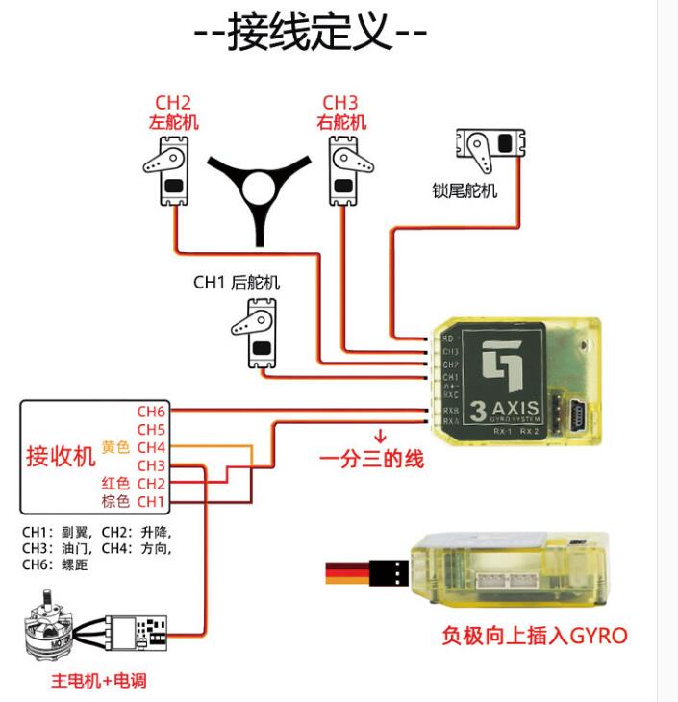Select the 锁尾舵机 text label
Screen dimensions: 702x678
(465, 190)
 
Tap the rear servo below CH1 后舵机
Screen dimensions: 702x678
(255, 332)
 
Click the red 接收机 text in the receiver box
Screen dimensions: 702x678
(61, 455)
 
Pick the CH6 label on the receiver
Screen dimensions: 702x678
(151, 412)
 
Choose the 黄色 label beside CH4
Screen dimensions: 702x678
(115, 447)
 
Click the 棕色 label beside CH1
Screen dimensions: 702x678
(115, 501)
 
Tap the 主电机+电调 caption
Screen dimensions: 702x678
(99, 681)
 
